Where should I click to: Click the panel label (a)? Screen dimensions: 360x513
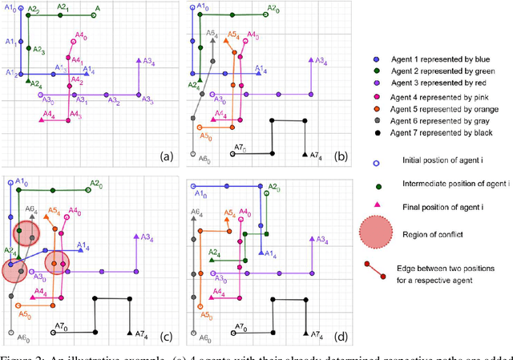coord(168,155)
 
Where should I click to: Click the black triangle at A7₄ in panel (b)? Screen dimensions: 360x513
coord(305,153)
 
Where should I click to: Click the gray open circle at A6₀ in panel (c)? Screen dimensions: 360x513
coord(10,332)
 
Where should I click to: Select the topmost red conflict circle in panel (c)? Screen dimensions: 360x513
coord(26,233)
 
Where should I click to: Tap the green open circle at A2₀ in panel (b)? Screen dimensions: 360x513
coord(265,13)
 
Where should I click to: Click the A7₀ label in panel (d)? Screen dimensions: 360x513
coord(239,329)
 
